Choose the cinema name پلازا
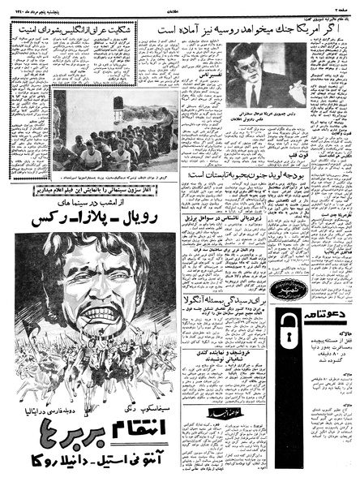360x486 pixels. coord(105,219)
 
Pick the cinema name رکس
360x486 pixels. coord(49,219)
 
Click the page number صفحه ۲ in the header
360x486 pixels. coord(341,6)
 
